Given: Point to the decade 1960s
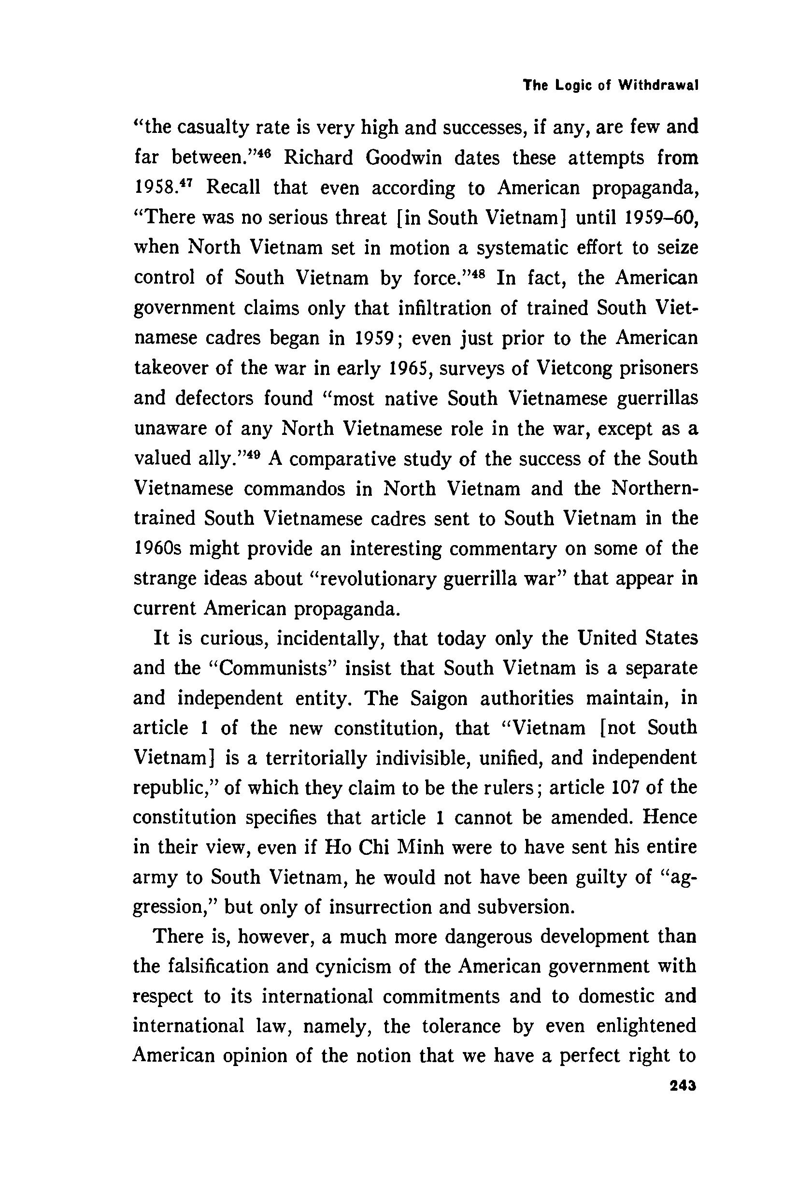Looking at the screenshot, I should click(x=157, y=549).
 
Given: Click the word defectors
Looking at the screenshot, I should click(x=214, y=399).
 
